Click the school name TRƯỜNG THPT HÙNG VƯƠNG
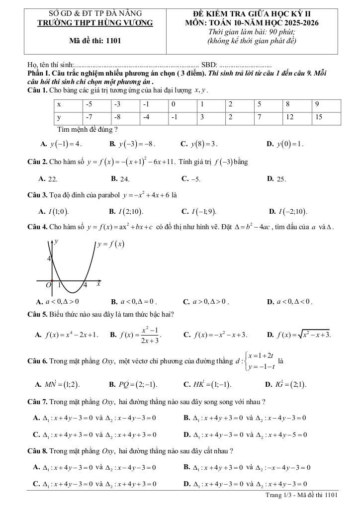95,22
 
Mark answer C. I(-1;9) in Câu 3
199,211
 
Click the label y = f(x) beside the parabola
110,244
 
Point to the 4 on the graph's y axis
49,259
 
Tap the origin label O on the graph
48,285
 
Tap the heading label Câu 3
38,195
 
